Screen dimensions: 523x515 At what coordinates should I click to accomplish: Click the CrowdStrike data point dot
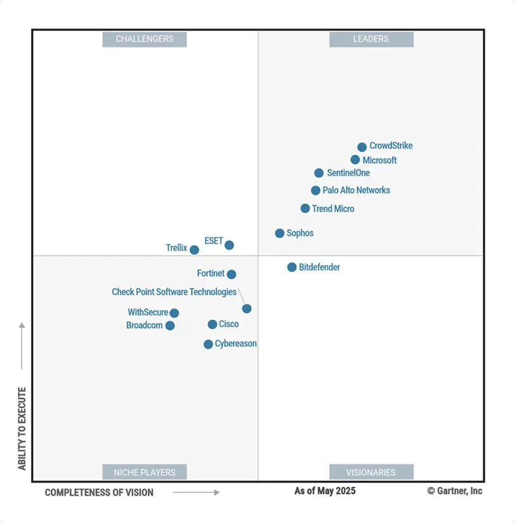pyautogui.click(x=362, y=147)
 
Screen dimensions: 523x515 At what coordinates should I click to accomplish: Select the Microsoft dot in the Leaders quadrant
pyautogui.click(x=355, y=160)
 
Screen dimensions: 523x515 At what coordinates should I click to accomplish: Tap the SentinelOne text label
pyautogui.click(x=348, y=173)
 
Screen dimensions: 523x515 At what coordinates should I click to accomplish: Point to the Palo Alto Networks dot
pyautogui.click(x=316, y=190)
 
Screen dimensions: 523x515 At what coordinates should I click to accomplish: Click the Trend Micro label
pyautogui.click(x=333, y=209)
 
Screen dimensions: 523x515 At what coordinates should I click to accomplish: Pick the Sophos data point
pyautogui.click(x=280, y=233)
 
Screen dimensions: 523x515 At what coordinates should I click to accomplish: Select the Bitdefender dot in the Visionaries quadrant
pyautogui.click(x=292, y=268)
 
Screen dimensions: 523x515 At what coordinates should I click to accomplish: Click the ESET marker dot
pyautogui.click(x=229, y=245)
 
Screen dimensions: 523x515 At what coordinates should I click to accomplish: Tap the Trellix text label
pyautogui.click(x=176, y=248)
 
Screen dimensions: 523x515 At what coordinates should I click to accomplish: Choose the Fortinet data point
pyautogui.click(x=231, y=274)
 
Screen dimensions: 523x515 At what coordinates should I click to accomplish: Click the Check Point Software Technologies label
pyautogui.click(x=174, y=292)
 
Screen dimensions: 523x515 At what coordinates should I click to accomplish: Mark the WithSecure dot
pyautogui.click(x=174, y=313)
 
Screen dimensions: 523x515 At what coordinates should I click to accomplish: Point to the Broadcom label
pyautogui.click(x=145, y=325)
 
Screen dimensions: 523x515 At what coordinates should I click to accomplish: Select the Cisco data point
pyautogui.click(x=212, y=325)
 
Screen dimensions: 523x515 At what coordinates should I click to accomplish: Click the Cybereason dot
pyautogui.click(x=208, y=344)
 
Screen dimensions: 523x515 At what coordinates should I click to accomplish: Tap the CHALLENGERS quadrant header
pyautogui.click(x=145, y=39)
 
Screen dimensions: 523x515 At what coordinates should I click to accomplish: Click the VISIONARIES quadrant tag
pyautogui.click(x=371, y=472)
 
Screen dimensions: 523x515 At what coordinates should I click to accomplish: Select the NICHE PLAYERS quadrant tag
pyautogui.click(x=145, y=472)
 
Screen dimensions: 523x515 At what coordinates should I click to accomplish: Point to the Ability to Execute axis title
pyautogui.click(x=22, y=429)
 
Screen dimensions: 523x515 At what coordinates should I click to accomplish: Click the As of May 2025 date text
pyautogui.click(x=325, y=491)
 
